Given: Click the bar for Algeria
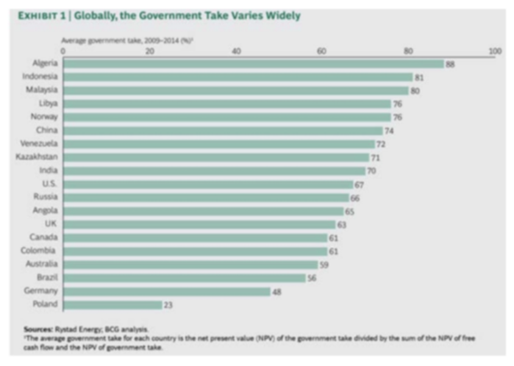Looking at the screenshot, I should point(253,63).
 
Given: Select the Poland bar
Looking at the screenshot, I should point(112,304).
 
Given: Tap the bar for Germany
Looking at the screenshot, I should point(166,291).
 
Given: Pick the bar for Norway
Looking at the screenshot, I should point(227,117).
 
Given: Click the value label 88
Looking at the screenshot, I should point(451,63).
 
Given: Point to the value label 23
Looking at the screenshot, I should point(168,304).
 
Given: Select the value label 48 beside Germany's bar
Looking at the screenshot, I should point(277,291).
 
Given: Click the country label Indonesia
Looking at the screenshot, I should point(40,77).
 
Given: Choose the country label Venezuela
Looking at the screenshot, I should point(39,144).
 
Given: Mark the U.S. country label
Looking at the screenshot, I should point(48,184).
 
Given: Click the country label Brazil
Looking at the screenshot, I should point(46,278).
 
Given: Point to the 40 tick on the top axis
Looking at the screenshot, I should point(235,51).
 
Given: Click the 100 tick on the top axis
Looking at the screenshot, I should point(495,51).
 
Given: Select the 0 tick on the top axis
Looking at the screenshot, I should point(63,51).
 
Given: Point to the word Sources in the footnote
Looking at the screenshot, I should point(37,329).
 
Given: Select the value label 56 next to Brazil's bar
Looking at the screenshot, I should point(312,278).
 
